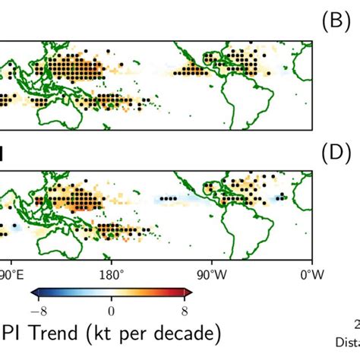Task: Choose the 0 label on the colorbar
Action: tap(112, 309)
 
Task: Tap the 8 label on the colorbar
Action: tap(184, 309)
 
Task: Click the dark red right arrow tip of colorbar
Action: tap(189, 292)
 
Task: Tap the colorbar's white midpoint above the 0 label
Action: tap(112, 292)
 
